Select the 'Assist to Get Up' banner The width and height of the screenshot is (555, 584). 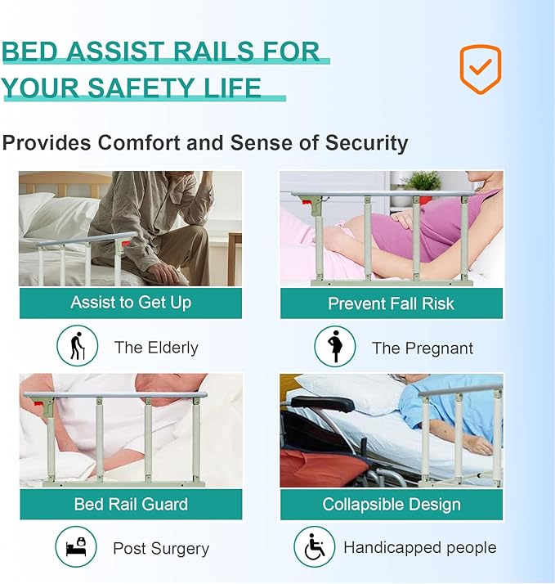point(131,303)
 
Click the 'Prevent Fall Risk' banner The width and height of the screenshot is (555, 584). point(391,303)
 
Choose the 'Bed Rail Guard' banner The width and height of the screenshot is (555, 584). point(131,504)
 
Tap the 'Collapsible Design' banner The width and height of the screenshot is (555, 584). point(392,505)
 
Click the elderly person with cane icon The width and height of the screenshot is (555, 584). point(77,346)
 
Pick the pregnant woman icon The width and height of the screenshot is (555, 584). point(335,346)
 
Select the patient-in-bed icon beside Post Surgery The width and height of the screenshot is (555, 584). point(77,547)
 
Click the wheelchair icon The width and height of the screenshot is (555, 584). point(314,547)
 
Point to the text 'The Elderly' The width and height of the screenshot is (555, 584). point(156,348)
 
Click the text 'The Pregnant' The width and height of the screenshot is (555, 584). point(422,348)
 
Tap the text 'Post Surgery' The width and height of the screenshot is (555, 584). point(161,548)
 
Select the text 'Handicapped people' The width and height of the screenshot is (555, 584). point(419,547)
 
